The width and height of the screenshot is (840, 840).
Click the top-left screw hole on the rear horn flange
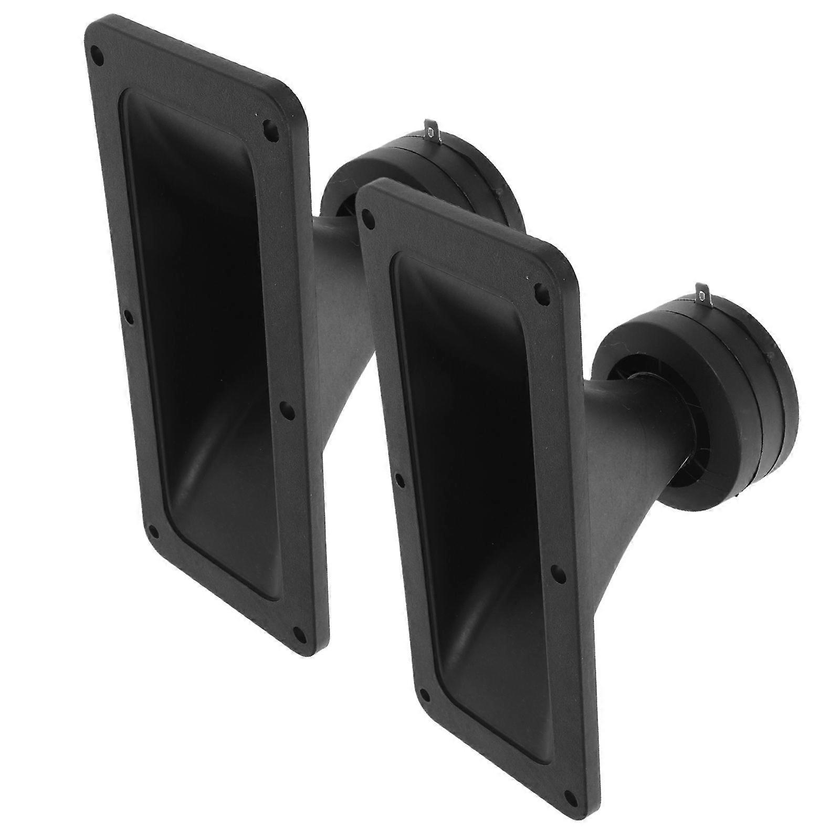point(96,52)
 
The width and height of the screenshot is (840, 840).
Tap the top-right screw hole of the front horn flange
point(539,290)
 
